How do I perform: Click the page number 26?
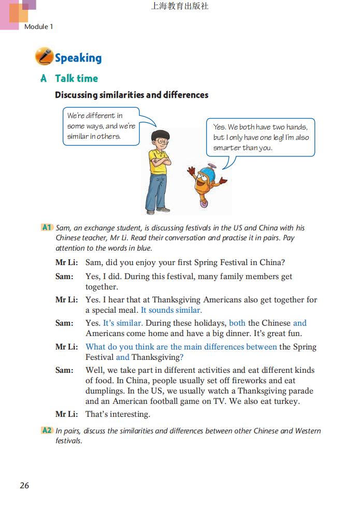click(24, 485)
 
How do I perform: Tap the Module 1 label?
click(38, 26)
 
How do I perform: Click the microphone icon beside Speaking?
click(44, 56)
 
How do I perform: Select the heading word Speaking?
click(78, 58)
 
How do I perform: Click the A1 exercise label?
click(47, 227)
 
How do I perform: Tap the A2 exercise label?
click(47, 431)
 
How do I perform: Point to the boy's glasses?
click(162, 140)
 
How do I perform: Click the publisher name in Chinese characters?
click(180, 6)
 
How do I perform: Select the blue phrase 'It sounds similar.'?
click(171, 310)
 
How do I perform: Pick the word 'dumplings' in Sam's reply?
click(103, 391)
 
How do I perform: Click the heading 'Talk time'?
click(76, 78)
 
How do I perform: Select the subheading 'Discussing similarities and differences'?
click(132, 95)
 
